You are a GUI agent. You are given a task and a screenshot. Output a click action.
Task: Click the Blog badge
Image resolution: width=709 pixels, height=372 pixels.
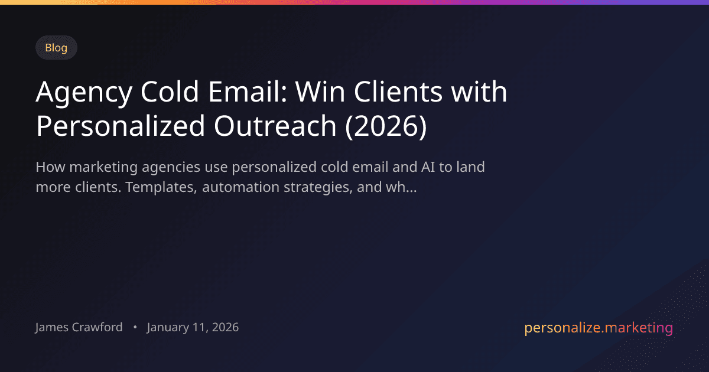click(x=56, y=48)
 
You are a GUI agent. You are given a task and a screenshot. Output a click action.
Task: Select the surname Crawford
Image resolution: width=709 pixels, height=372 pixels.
click(x=100, y=327)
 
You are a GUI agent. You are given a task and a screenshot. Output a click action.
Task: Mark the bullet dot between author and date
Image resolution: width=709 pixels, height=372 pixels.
click(x=135, y=327)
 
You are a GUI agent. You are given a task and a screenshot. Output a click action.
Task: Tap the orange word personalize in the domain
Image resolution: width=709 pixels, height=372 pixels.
click(x=561, y=328)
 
